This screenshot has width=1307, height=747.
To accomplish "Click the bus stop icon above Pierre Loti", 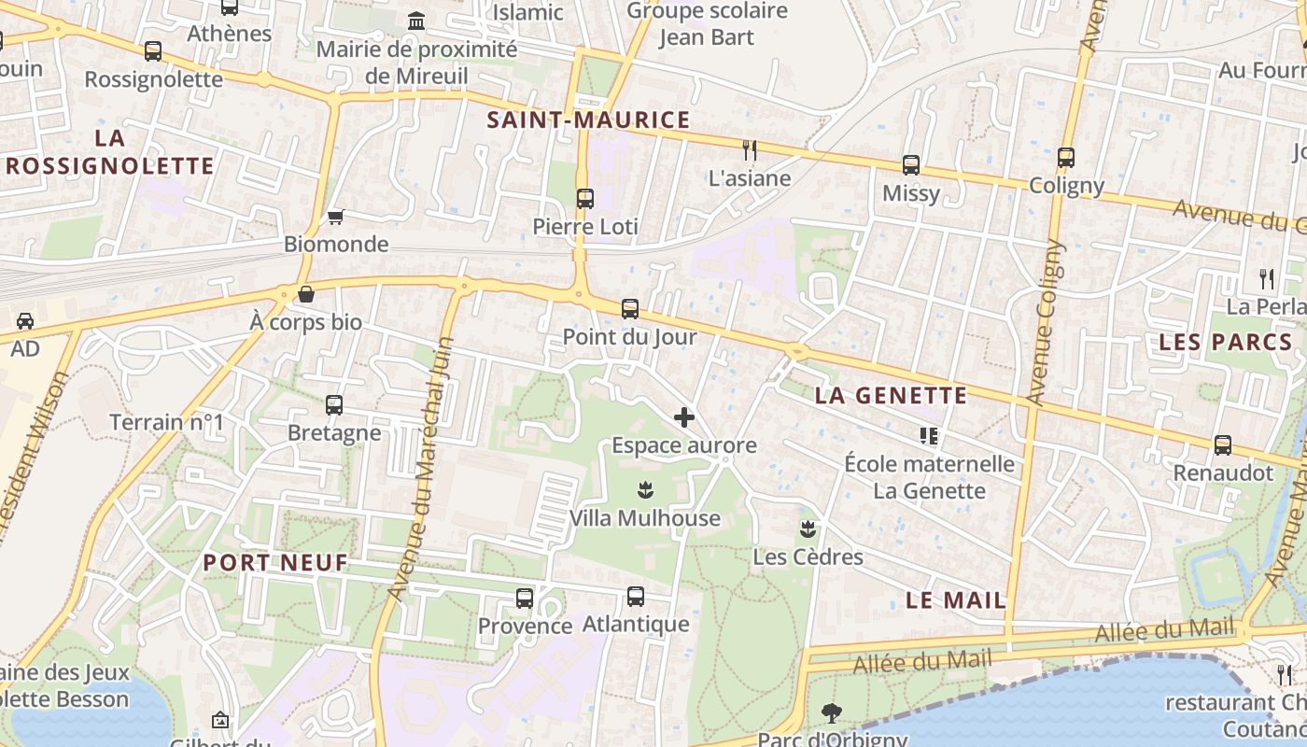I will (x=585, y=198).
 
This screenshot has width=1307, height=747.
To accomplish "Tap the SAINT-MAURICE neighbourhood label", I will (x=588, y=120).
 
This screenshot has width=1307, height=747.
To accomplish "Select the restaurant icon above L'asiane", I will (x=749, y=149).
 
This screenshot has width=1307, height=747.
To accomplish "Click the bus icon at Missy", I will (x=911, y=165).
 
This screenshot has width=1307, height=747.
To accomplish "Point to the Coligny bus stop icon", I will (x=1066, y=158).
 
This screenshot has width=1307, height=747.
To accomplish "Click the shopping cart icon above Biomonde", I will (x=335, y=217).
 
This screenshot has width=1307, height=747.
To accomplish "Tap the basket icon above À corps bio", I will (x=306, y=295).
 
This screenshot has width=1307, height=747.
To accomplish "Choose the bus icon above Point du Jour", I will (x=630, y=308).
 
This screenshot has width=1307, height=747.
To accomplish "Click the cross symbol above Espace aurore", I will (x=684, y=417).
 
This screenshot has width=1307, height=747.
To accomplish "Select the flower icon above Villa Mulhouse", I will (x=644, y=489).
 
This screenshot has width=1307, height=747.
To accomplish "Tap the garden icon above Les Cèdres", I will (x=808, y=529).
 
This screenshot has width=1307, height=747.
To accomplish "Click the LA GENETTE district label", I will (x=891, y=395).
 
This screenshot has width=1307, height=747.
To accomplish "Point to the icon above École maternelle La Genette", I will (x=929, y=435).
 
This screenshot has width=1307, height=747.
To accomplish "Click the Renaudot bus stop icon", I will (x=1223, y=445).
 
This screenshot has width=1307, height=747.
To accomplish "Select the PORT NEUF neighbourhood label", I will (x=275, y=562).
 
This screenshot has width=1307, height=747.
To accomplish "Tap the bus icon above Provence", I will (x=525, y=598).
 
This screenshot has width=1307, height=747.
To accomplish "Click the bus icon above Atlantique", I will (x=636, y=596).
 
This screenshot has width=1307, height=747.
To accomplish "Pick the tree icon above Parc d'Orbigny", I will (x=831, y=713).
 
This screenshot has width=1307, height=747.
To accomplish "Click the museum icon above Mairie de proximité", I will (x=416, y=21).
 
